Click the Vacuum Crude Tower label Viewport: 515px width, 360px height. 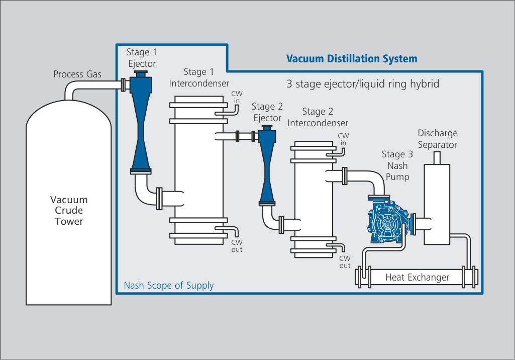click(69, 211)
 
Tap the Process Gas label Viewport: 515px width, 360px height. click(77, 74)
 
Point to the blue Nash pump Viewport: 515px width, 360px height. click(388, 222)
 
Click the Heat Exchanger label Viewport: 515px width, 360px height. click(417, 277)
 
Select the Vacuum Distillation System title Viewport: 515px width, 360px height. click(352, 59)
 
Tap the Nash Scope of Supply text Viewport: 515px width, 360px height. click(168, 286)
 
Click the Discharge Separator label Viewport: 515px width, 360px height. click(438, 139)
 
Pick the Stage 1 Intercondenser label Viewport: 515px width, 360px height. click(199, 77)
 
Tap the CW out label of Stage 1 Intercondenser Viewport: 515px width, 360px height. click(237, 246)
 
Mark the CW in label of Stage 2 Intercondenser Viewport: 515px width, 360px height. click(343, 140)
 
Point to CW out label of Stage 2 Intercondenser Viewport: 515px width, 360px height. click(345, 262)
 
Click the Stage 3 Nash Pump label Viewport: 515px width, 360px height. click(394, 165)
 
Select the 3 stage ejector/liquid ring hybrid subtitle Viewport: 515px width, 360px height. click(363, 84)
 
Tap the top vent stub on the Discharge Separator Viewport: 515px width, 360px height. click(437, 157)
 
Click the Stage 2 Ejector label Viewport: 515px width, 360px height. click(267, 112)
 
